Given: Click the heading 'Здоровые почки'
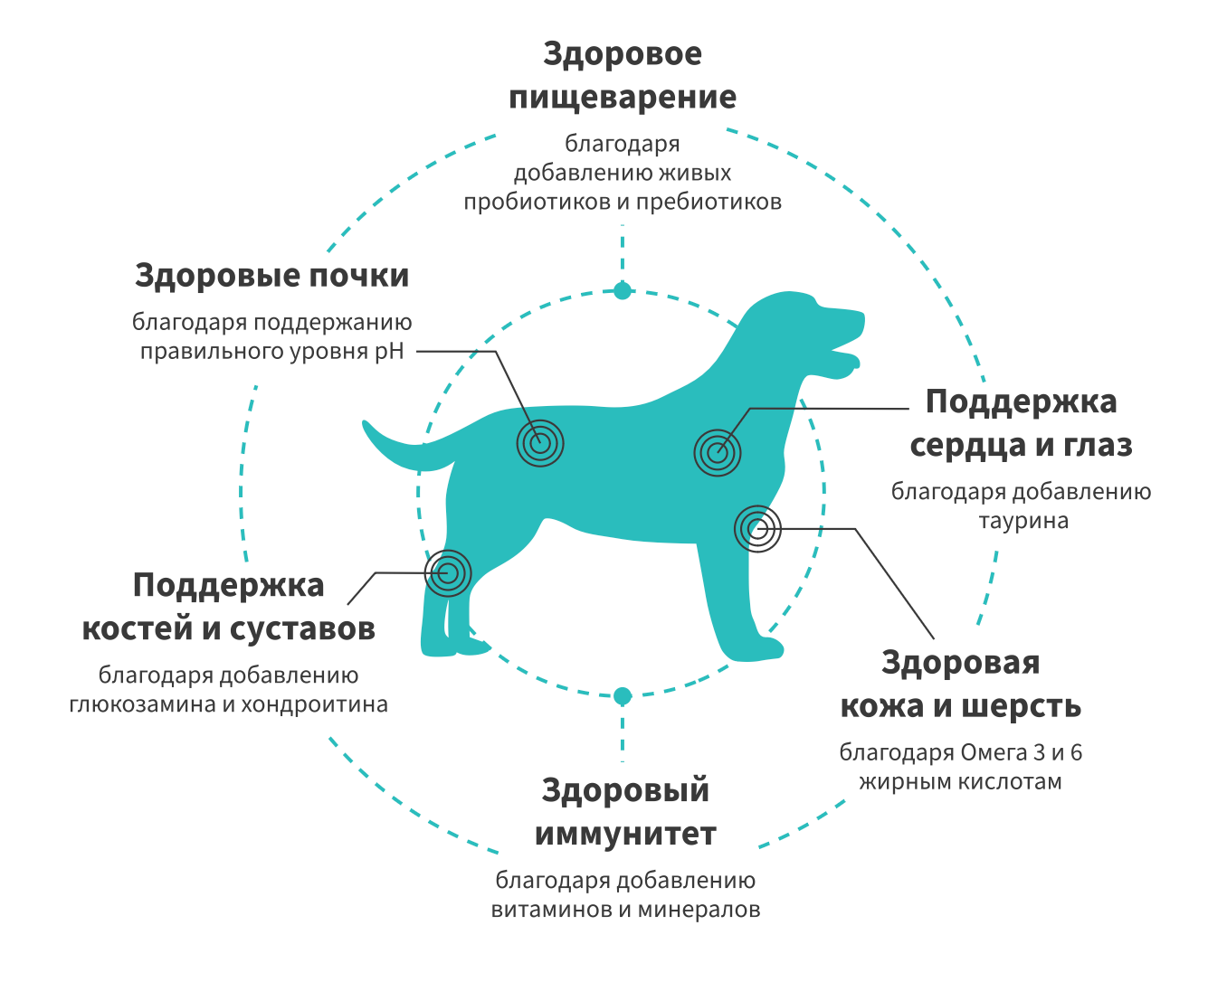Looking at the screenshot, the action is click(x=271, y=275).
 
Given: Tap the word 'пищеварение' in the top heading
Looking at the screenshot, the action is click(x=623, y=98).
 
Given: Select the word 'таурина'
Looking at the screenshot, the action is click(x=1022, y=522).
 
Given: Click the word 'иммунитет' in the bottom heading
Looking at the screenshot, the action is click(x=625, y=834).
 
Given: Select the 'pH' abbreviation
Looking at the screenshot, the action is click(x=389, y=351).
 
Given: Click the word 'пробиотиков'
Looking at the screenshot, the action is click(x=537, y=202).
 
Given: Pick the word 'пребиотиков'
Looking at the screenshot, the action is click(x=709, y=202).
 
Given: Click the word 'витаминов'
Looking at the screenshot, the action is click(x=551, y=910).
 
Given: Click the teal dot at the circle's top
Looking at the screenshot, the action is click(x=622, y=290).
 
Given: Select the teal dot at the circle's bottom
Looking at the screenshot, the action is click(x=622, y=695).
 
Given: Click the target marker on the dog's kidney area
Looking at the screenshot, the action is click(x=540, y=443).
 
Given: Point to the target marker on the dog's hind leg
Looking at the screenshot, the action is click(x=448, y=572).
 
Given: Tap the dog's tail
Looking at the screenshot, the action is click(x=398, y=448).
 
